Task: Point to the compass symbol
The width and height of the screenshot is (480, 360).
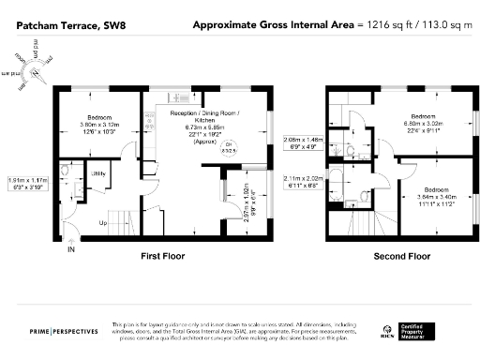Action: click(x=35, y=71)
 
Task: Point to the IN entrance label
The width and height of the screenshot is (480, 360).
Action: click(x=69, y=250)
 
